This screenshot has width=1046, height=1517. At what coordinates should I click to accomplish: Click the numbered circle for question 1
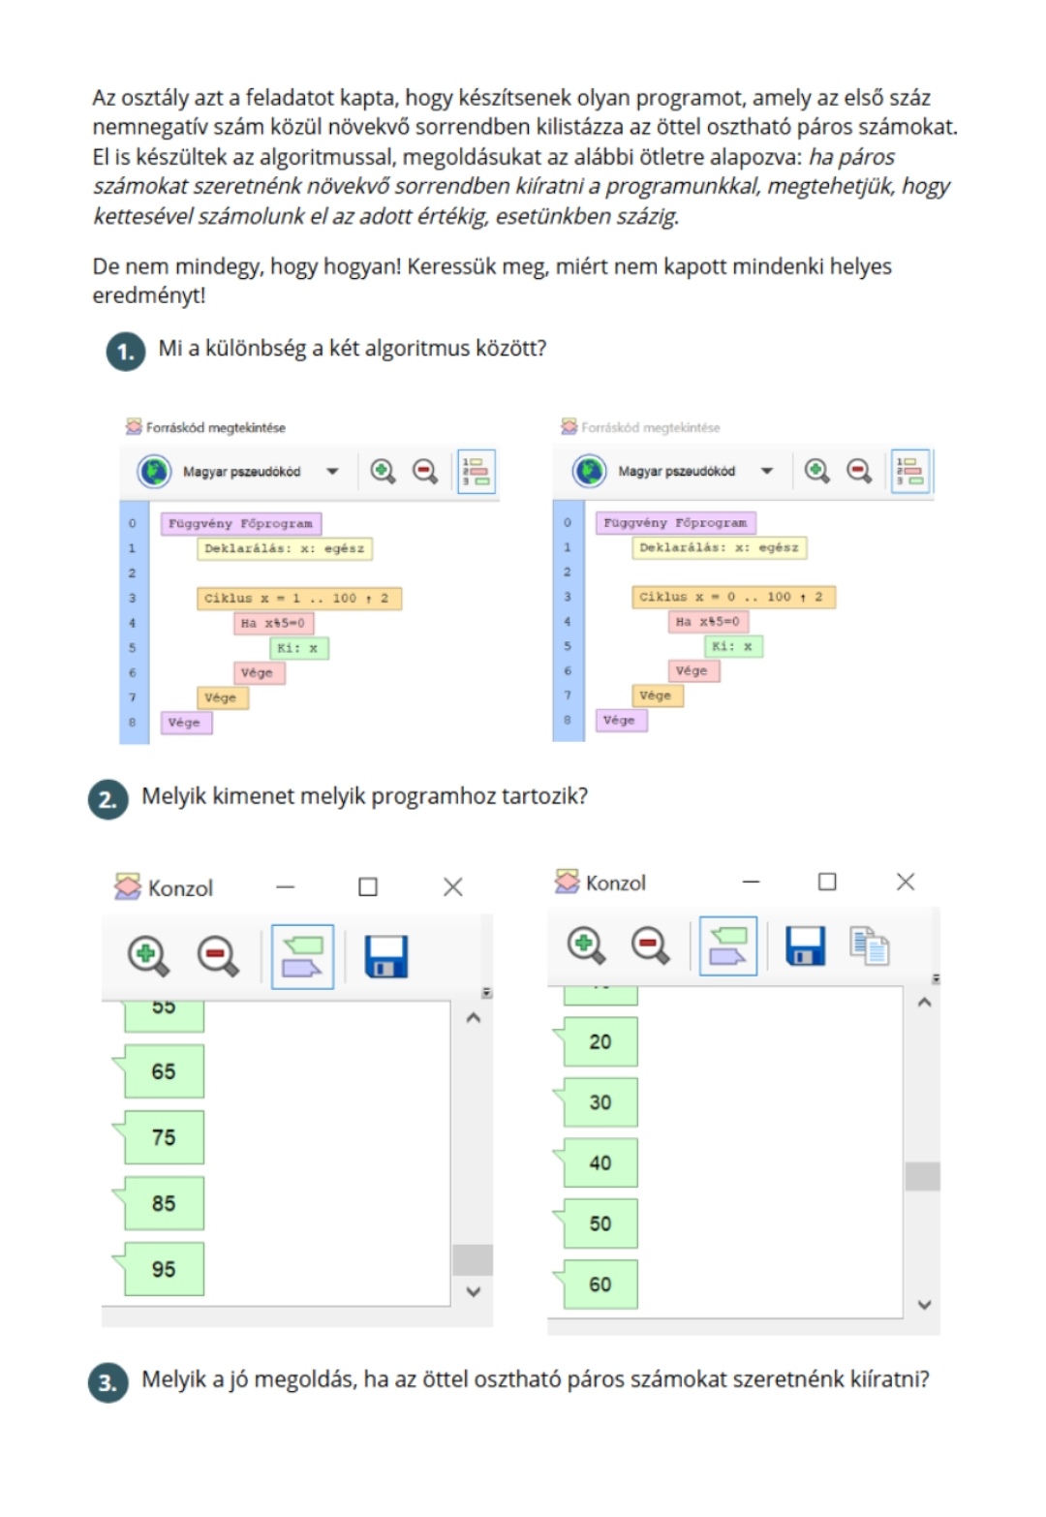pyautogui.click(x=126, y=351)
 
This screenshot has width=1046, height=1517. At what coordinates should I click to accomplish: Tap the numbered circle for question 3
pyautogui.click(x=108, y=1382)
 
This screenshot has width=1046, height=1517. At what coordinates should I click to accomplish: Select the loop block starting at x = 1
pyautogui.click(x=298, y=598)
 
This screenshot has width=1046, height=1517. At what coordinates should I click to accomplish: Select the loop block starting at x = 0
pyautogui.click(x=733, y=597)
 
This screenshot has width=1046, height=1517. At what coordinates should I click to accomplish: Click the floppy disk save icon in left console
pyautogui.click(x=385, y=956)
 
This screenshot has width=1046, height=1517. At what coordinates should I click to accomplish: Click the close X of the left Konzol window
pyautogui.click(x=453, y=886)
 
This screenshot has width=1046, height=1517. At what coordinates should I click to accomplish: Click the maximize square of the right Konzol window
pyautogui.click(x=827, y=882)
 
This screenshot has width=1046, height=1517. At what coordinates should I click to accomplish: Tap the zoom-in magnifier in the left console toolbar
pyautogui.click(x=148, y=956)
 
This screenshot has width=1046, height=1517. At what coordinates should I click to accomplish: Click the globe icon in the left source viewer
pyautogui.click(x=154, y=471)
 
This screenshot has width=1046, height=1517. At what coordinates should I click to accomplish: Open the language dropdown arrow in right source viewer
pyautogui.click(x=766, y=470)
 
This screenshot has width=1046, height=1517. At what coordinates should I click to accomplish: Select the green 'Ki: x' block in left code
pyautogui.click(x=299, y=648)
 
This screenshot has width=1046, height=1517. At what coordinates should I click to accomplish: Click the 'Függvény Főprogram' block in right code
pyautogui.click(x=675, y=523)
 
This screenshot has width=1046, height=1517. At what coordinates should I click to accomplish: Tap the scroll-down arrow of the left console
pyautogui.click(x=474, y=1291)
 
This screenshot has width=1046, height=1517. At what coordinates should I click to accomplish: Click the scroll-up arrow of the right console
pyautogui.click(x=924, y=1003)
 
